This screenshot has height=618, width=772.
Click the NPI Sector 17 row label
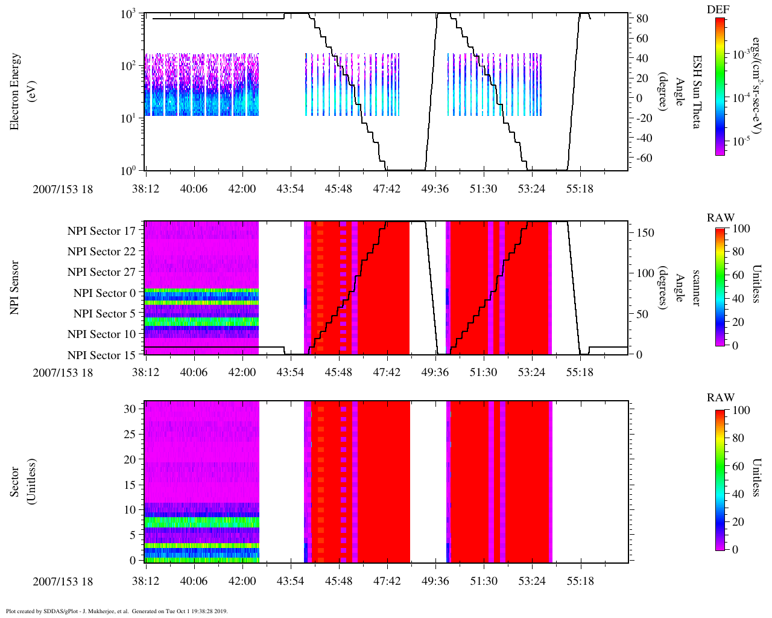tap(101, 231)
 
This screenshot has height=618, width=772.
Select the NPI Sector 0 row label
tap(104, 293)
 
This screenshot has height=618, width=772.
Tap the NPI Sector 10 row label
tap(101, 334)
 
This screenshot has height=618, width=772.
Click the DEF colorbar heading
tap(718, 9)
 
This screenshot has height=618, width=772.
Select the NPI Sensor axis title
tap(15, 288)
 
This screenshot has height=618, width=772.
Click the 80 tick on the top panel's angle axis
tap(642, 19)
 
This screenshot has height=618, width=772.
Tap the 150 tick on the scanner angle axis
tap(645, 232)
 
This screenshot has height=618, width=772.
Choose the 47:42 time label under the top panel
tap(387, 189)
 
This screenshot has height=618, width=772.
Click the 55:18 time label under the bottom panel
tap(580, 581)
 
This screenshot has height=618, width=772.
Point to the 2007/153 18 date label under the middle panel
tap(63, 372)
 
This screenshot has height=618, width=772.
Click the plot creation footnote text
tap(116, 611)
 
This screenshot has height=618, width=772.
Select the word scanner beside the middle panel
tap(696, 288)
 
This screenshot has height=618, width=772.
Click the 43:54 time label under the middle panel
tap(290, 372)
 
